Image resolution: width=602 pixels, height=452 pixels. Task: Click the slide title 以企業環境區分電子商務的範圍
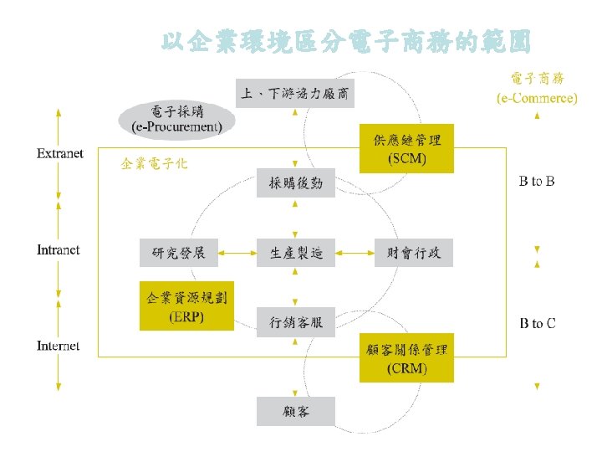tap(344, 43)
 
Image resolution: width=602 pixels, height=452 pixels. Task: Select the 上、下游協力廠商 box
tap(296, 93)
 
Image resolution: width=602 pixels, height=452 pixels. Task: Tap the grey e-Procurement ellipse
tap(176, 120)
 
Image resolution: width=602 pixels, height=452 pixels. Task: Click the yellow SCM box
tap(406, 149)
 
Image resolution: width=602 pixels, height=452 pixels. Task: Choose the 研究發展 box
tap(179, 252)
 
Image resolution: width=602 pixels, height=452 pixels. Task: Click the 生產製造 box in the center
tap(296, 252)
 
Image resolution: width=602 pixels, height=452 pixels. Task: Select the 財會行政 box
tap(413, 252)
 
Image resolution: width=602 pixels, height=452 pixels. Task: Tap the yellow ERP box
tap(186, 306)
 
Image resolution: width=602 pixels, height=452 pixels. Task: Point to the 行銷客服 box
tap(296, 321)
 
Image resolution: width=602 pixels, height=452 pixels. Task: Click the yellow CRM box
tap(406, 358)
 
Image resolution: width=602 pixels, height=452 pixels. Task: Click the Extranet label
tap(60, 153)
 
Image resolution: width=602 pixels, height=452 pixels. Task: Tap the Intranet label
tap(59, 249)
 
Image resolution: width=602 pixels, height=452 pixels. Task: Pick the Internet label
tap(59, 346)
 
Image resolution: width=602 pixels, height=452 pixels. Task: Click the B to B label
tap(538, 181)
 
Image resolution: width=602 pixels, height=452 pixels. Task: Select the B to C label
tap(538, 323)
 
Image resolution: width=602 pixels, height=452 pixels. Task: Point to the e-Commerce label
tap(537, 89)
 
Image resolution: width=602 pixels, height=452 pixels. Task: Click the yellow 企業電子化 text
tap(155, 163)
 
